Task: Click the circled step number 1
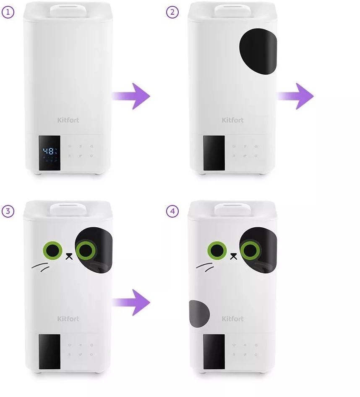pos(8,12)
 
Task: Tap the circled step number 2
pos(172,12)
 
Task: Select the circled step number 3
pos(8,211)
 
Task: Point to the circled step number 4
pos(172,211)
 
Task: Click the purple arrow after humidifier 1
pos(131,96)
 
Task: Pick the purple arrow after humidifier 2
pos(295,96)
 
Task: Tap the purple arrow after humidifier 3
pos(131,302)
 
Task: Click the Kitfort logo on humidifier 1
pos(68,120)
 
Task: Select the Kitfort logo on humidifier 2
pos(233,120)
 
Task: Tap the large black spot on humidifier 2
pos(258,51)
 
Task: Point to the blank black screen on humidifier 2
pos(214,153)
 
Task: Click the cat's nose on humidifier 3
pos(69,256)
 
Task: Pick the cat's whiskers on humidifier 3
pos(40,267)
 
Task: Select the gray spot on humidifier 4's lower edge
pos(199,314)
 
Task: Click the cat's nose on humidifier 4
pos(234,256)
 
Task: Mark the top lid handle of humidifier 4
pos(232,209)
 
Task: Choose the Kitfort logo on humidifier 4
pos(233,319)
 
